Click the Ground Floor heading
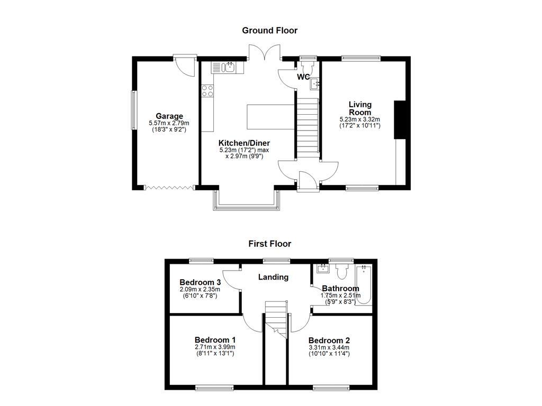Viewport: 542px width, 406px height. coord(269,31)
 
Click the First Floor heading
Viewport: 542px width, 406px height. coord(269,244)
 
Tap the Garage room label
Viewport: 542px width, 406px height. coord(169,116)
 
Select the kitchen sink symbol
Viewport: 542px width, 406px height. coord(230,67)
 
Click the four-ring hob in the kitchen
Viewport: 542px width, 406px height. coord(207,91)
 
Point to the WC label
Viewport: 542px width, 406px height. coord(303,77)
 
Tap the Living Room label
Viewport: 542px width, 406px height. coord(360,108)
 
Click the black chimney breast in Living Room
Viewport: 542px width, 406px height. coord(401,119)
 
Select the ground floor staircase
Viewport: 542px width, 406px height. coord(307,127)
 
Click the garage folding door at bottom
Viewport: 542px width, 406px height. coord(169,187)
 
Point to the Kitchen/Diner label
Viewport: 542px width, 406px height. coord(245,143)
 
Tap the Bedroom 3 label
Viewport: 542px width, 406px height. coord(200,282)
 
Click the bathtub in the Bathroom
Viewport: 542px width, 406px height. coord(364,285)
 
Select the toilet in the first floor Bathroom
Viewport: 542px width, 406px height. coord(341,271)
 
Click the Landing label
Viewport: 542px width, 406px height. coord(273,277)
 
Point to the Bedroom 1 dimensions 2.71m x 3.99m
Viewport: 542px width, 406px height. coord(215,347)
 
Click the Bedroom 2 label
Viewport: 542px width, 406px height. coord(329,340)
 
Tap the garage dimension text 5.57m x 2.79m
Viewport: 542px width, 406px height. coord(169,123)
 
